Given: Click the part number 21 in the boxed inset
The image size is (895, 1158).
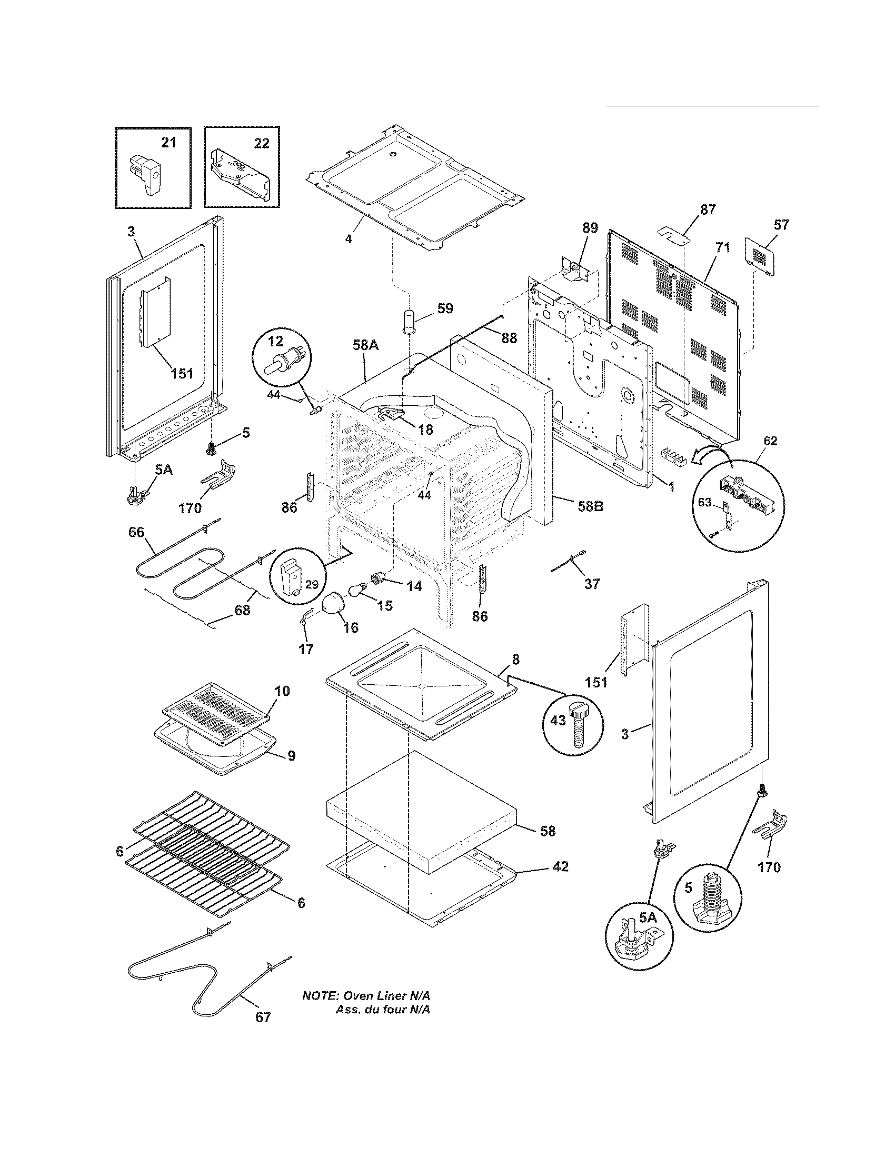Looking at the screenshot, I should click(168, 143).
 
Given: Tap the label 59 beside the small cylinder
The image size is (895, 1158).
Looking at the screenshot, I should click(445, 308).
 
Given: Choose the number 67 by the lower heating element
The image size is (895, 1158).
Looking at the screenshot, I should click(263, 1017).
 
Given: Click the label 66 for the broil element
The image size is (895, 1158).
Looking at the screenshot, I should click(136, 532).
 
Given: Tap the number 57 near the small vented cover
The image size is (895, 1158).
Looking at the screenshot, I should click(781, 225).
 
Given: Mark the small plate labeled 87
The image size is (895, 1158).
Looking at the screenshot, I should click(673, 234).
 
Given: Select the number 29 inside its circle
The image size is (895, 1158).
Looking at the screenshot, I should click(312, 584).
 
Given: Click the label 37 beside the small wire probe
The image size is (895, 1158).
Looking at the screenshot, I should click(592, 584).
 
